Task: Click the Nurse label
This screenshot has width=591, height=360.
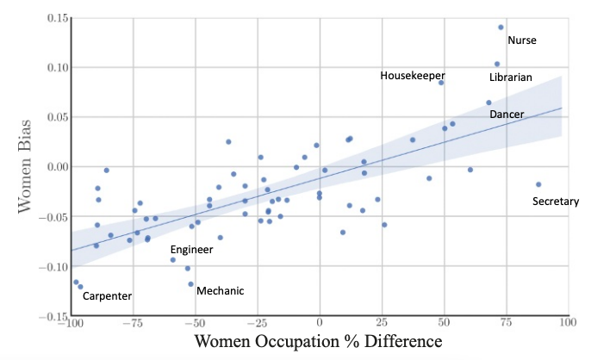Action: coord(521,40)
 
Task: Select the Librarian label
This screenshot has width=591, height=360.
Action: coord(510,78)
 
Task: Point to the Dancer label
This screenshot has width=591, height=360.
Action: coord(506,114)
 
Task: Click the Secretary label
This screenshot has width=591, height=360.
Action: coord(556,202)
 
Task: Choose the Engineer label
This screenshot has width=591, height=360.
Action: coord(191,249)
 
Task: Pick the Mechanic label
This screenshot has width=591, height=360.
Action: coord(220,290)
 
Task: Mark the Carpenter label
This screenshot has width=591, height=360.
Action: coord(106,296)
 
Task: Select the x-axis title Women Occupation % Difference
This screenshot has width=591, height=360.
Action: coord(318,342)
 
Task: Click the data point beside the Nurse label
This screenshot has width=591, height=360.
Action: coord(501,27)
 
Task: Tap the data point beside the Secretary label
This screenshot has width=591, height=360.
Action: coord(538,184)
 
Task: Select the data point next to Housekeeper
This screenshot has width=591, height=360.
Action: coord(441,83)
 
